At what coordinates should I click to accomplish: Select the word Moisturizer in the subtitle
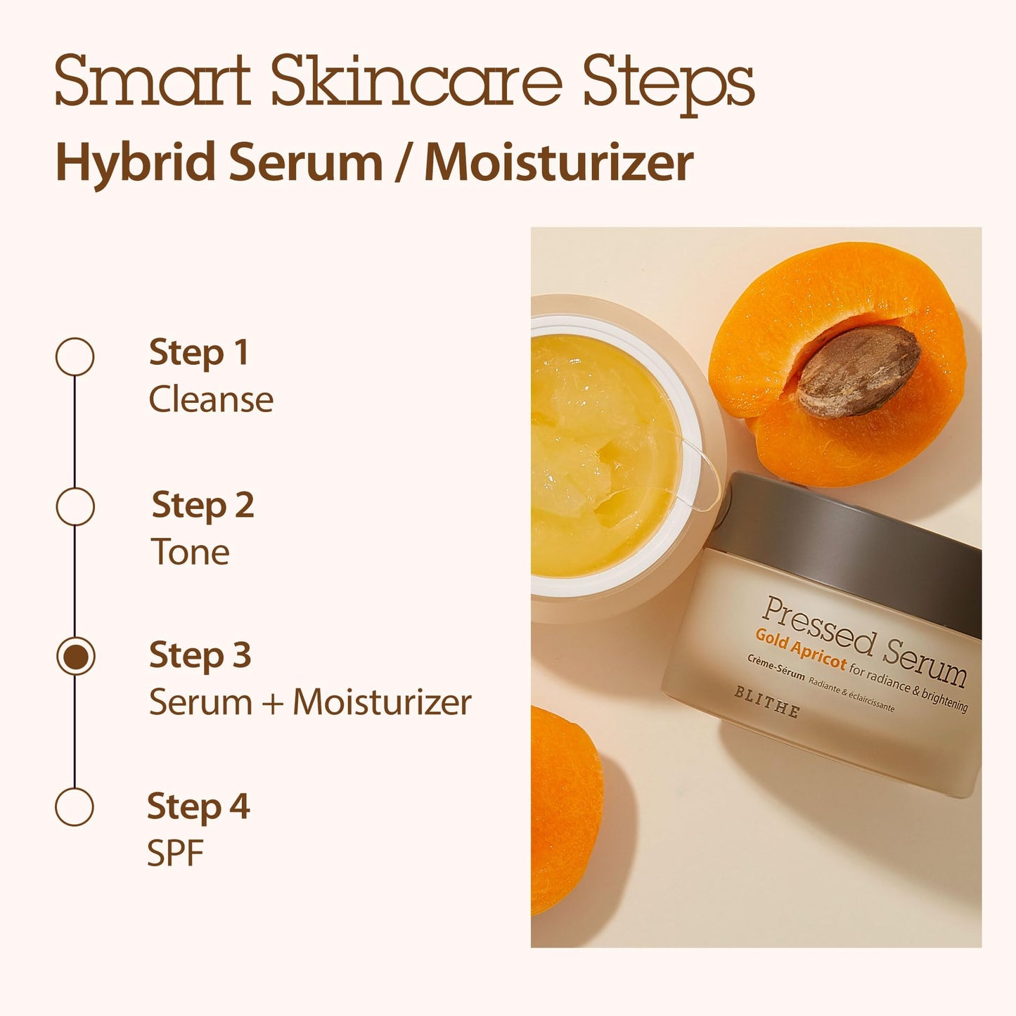[x=559, y=162]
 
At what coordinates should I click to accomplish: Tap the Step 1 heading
[x=199, y=352]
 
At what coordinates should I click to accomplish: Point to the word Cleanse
[x=211, y=399]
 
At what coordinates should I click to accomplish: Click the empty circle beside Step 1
[x=75, y=356]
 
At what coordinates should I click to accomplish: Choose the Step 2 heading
[x=202, y=506]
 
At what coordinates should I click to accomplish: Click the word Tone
[x=191, y=552]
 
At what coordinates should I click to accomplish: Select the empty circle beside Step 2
[x=75, y=506]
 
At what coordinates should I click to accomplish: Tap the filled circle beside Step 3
[x=75, y=656]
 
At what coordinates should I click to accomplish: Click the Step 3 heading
[x=200, y=655]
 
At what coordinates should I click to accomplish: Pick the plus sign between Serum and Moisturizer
[x=273, y=703]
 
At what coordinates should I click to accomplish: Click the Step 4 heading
[x=198, y=806]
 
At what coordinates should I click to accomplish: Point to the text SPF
[x=175, y=854]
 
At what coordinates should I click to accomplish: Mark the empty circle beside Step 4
[x=75, y=806]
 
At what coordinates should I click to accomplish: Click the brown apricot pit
[x=859, y=371]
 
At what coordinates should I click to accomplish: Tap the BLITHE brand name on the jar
[x=767, y=702]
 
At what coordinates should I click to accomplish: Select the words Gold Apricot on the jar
[x=801, y=648]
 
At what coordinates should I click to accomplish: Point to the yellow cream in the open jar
[x=598, y=457]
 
